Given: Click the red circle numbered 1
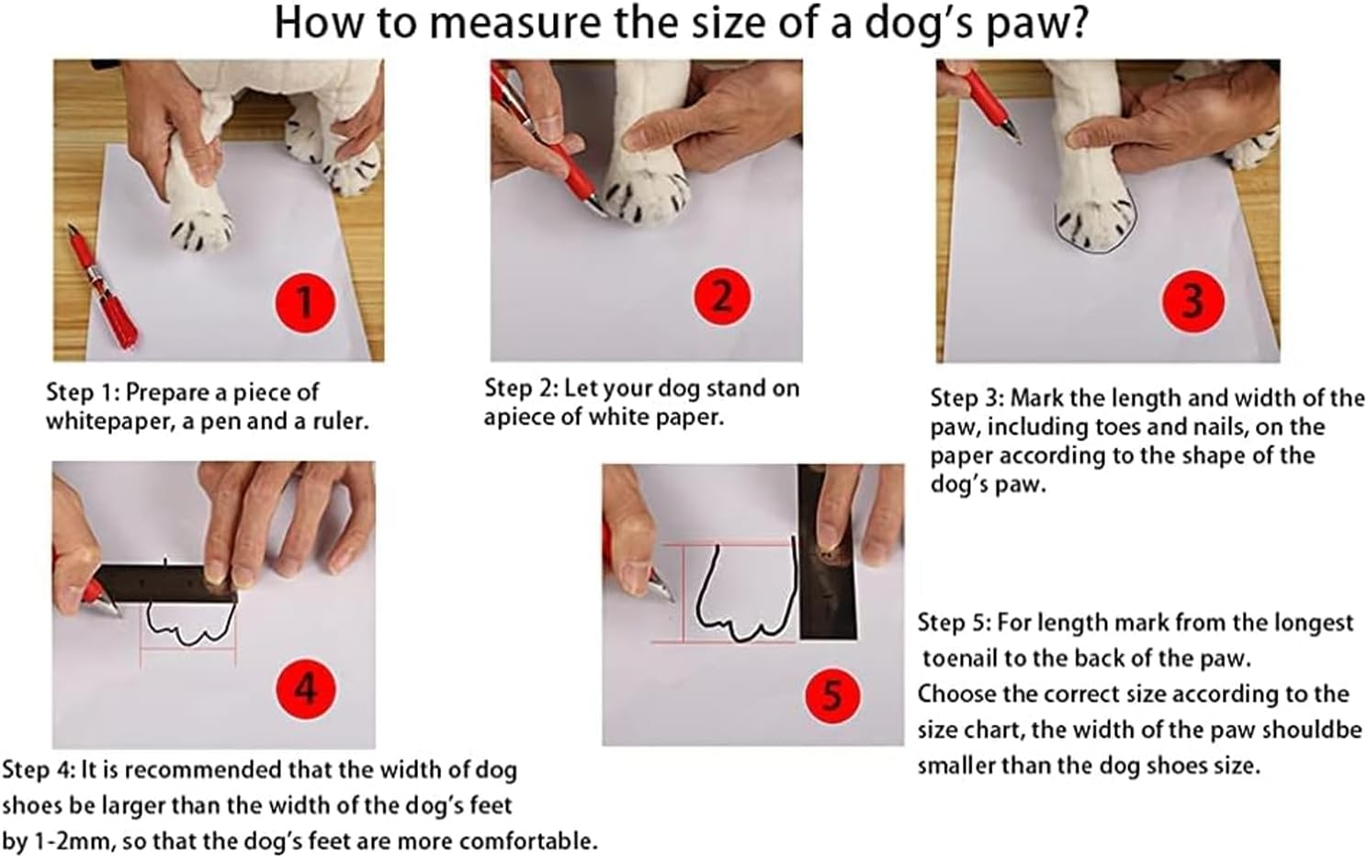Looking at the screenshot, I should (306, 300).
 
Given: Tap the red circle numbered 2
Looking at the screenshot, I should (722, 297).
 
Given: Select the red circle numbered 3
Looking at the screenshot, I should (1192, 301).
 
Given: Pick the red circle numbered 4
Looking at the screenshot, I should (305, 688).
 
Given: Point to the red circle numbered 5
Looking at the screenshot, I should (832, 694).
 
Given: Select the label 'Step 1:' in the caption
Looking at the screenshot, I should (83, 392).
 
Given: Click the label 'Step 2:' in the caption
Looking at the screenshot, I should (521, 388).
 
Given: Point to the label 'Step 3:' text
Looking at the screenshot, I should (966, 398).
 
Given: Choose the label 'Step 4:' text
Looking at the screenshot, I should (39, 770).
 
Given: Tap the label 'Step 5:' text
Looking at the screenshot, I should (954, 623).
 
